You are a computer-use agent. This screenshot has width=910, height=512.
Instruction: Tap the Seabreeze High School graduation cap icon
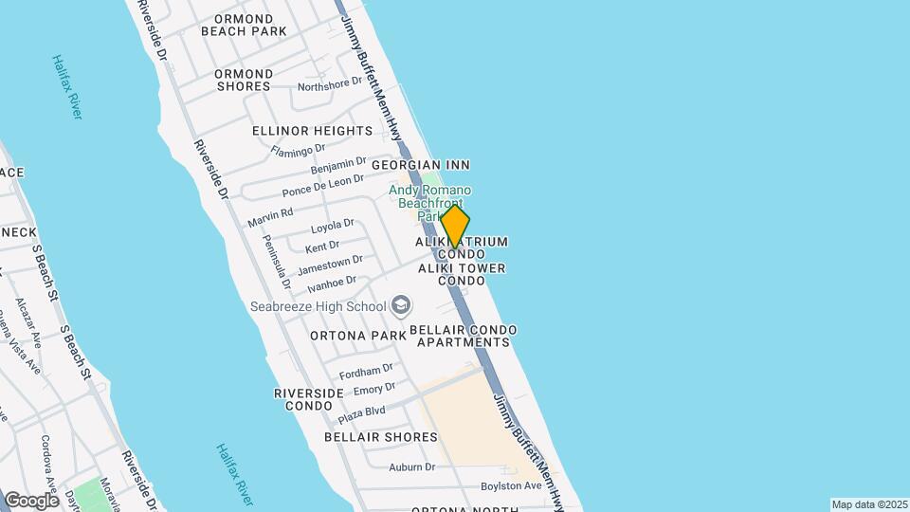click(401, 304)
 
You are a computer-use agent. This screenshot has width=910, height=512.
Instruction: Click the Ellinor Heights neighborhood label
click(312, 131)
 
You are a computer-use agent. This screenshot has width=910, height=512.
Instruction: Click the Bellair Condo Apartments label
click(464, 336)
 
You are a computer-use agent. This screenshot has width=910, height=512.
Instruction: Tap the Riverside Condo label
click(308, 399)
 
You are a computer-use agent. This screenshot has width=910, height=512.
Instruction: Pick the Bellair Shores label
click(381, 437)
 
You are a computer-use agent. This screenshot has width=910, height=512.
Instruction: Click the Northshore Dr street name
click(330, 84)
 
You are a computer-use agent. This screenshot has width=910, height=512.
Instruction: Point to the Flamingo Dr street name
click(298, 150)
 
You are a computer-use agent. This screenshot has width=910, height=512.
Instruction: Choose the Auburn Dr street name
click(412, 466)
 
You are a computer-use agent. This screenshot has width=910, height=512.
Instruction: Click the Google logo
click(31, 500)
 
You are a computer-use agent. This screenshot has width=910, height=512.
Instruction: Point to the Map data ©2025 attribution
click(869, 504)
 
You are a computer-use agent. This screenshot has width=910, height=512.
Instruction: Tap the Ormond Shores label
click(244, 80)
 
